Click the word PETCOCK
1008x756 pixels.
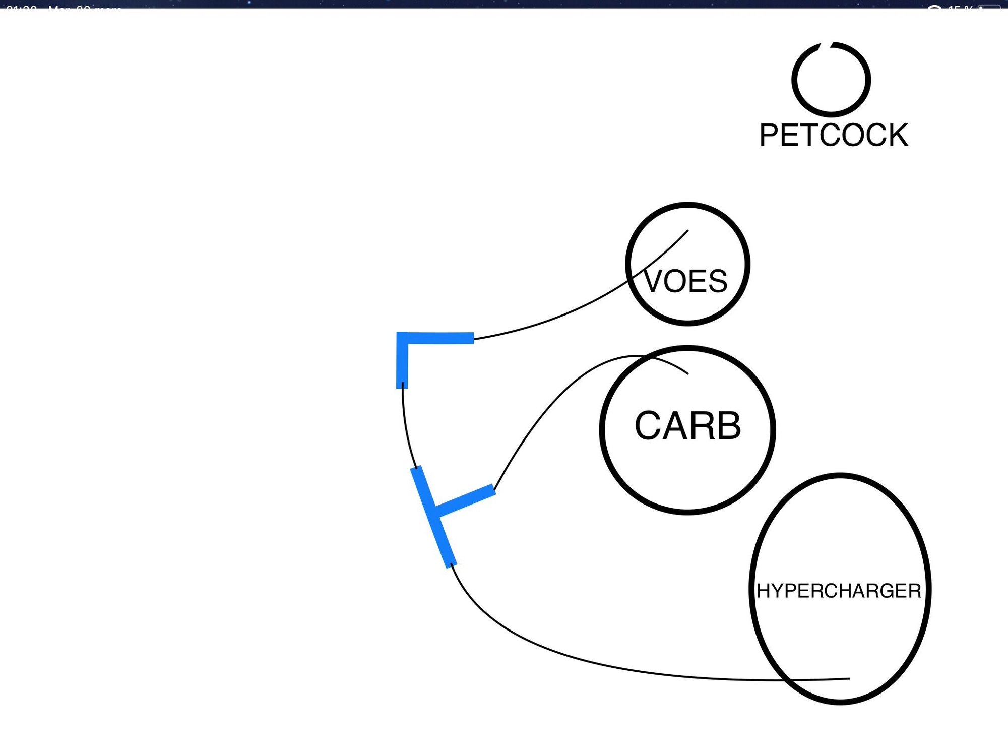(x=834, y=135)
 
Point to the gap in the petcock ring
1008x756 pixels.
(x=826, y=44)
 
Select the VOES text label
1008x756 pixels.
(x=686, y=281)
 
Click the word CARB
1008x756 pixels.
(x=687, y=426)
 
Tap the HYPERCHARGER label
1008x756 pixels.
(x=839, y=591)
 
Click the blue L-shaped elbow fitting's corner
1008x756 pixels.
(x=402, y=338)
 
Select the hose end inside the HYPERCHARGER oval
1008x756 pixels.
(x=849, y=678)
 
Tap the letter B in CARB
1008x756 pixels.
(x=727, y=426)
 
